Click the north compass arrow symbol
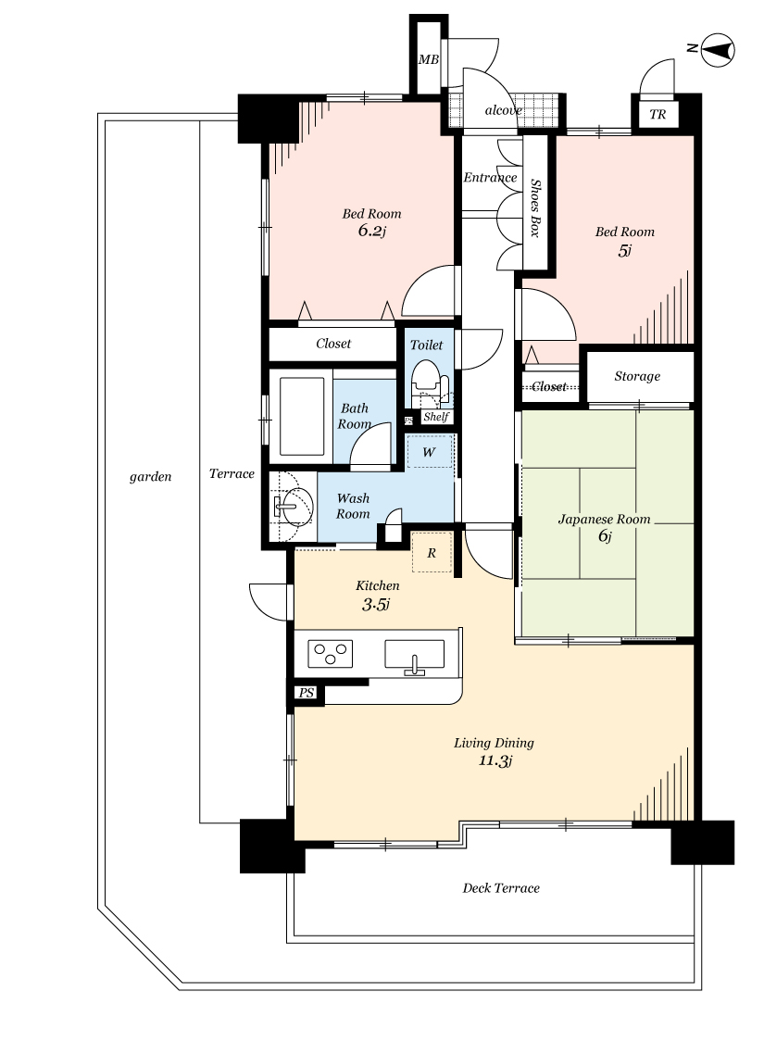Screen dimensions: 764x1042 click(x=718, y=50)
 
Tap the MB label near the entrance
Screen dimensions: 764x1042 click(x=429, y=60)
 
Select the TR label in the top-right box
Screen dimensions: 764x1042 click(x=658, y=114)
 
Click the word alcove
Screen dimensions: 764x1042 click(x=503, y=110)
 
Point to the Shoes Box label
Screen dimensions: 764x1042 click(x=535, y=208)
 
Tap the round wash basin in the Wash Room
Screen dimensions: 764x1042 click(x=293, y=507)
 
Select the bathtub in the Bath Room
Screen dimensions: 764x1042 click(x=302, y=416)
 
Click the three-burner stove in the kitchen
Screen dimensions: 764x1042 click(x=330, y=654)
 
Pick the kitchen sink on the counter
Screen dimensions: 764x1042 click(x=415, y=655)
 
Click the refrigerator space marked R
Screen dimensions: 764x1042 click(x=432, y=552)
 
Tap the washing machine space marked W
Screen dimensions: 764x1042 click(x=429, y=452)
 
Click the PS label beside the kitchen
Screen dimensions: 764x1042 click(x=306, y=693)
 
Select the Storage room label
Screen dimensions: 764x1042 click(x=637, y=376)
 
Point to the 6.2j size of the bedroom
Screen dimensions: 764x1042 click(x=372, y=231)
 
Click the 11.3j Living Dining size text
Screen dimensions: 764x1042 click(x=495, y=761)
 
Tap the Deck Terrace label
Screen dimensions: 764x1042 click(x=501, y=888)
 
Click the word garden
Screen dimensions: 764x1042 click(x=150, y=476)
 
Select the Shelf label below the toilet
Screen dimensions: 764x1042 click(x=436, y=417)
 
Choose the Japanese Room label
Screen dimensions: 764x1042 click(x=604, y=519)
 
